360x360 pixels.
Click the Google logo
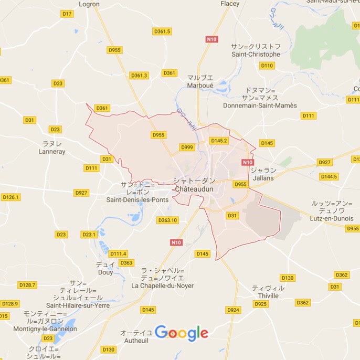coord(182,333)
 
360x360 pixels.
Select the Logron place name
coord(89,4)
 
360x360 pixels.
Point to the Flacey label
coord(230,4)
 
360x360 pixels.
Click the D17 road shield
coord(67,14)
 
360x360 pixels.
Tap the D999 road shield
coord(187,147)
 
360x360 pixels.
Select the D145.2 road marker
coord(219,141)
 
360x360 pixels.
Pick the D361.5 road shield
coord(162,31)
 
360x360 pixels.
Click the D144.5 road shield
coord(329,176)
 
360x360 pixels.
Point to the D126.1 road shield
coord(10,197)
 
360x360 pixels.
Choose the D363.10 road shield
coord(168,220)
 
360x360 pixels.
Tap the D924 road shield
coord(233,310)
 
